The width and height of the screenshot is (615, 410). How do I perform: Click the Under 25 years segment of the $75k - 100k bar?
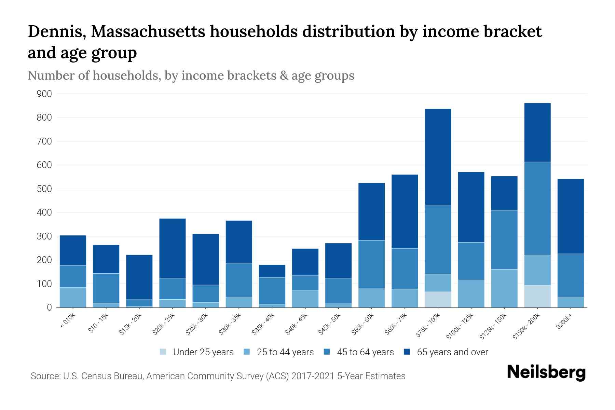(x=438, y=299)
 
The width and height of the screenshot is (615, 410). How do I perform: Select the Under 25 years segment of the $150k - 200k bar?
(x=537, y=296)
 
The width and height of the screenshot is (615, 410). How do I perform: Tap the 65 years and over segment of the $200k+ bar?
(x=571, y=216)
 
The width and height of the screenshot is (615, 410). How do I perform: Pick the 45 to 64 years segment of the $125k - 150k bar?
(x=504, y=240)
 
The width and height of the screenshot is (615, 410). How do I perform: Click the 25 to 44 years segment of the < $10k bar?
(x=73, y=297)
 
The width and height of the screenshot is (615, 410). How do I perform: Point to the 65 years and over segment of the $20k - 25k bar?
(x=173, y=248)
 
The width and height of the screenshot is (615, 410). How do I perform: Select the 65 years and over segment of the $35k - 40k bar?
(x=272, y=271)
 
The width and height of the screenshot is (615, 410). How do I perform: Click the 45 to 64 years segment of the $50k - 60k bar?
(x=371, y=264)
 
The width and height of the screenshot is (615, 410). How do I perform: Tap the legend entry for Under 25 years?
(x=196, y=352)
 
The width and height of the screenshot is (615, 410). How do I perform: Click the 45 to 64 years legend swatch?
(x=327, y=352)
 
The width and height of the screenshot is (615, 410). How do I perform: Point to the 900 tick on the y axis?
(x=44, y=94)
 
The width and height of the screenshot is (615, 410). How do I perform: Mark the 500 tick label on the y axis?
(x=44, y=189)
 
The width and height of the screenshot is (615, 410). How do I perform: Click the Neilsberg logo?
(x=546, y=373)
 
